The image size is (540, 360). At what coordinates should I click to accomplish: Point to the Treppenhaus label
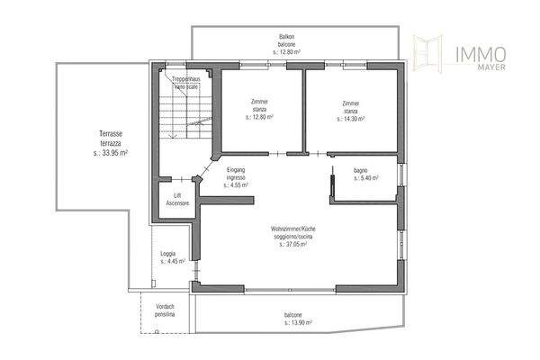[x=187, y=76]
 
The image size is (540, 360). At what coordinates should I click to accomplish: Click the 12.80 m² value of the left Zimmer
[x=259, y=117]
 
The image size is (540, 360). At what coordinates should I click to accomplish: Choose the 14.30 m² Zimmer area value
[x=350, y=117]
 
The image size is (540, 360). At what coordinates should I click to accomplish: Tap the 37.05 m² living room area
[x=293, y=244]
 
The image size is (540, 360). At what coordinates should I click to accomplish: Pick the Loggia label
[x=167, y=254]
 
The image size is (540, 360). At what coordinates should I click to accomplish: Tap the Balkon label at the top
[x=287, y=36]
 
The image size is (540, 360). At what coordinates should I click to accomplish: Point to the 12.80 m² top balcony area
[x=287, y=50]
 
